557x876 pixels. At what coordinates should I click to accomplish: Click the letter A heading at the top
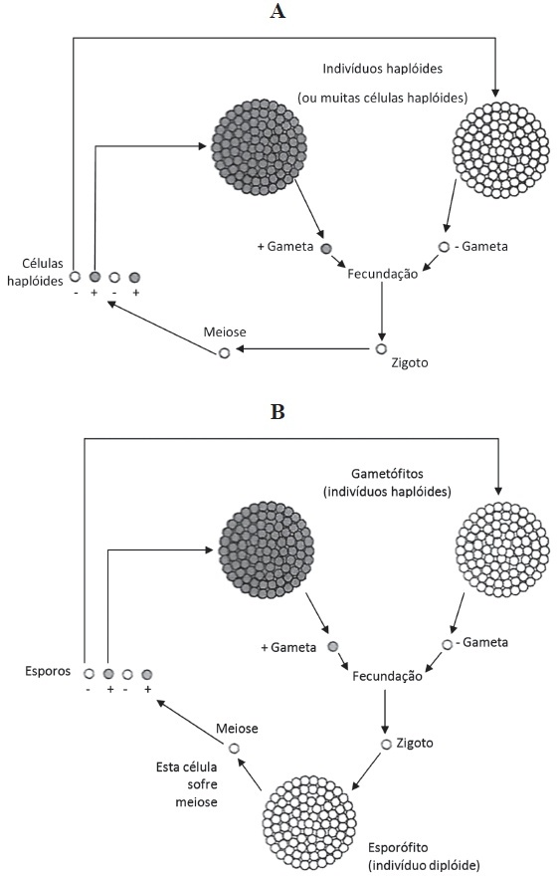(278, 11)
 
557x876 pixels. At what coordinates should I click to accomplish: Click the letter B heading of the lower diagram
(278, 412)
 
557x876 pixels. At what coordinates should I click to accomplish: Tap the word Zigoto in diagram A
(410, 363)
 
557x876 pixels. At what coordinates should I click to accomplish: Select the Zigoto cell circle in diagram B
(386, 745)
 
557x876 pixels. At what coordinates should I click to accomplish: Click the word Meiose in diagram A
(225, 332)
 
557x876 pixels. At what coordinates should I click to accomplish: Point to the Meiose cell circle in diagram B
(234, 748)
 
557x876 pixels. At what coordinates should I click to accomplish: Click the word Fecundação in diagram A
(382, 274)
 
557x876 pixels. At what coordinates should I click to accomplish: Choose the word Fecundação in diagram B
(387, 676)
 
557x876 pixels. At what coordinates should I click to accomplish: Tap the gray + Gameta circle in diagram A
(326, 249)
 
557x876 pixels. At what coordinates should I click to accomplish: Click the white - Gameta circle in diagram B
(447, 645)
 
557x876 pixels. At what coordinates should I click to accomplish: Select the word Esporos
(48, 671)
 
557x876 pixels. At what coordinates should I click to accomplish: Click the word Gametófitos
(387, 474)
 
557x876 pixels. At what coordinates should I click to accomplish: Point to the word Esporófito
(398, 847)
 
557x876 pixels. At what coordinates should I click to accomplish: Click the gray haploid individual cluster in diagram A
(259, 147)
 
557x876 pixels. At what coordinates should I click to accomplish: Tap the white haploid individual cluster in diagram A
(501, 149)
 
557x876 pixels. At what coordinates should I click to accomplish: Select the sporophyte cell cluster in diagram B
(309, 822)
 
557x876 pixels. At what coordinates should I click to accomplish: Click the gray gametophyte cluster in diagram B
(267, 550)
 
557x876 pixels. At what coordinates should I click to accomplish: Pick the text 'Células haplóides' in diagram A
(35, 272)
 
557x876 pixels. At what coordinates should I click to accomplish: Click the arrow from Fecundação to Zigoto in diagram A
(382, 312)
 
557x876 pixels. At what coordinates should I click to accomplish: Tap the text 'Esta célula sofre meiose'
(186, 784)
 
